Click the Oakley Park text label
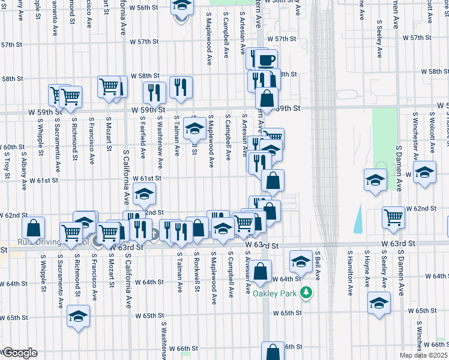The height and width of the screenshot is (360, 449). coord(274,293)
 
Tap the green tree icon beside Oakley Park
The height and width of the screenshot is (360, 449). coord(307,292)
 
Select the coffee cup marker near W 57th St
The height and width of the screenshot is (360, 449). coord(268,59)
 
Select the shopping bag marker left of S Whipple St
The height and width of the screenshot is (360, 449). coord(33,227)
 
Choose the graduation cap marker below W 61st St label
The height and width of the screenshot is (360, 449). coord(144,193)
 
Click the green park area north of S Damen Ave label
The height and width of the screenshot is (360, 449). coord(384,138)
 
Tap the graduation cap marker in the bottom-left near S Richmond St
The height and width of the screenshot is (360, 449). coord(78,316)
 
